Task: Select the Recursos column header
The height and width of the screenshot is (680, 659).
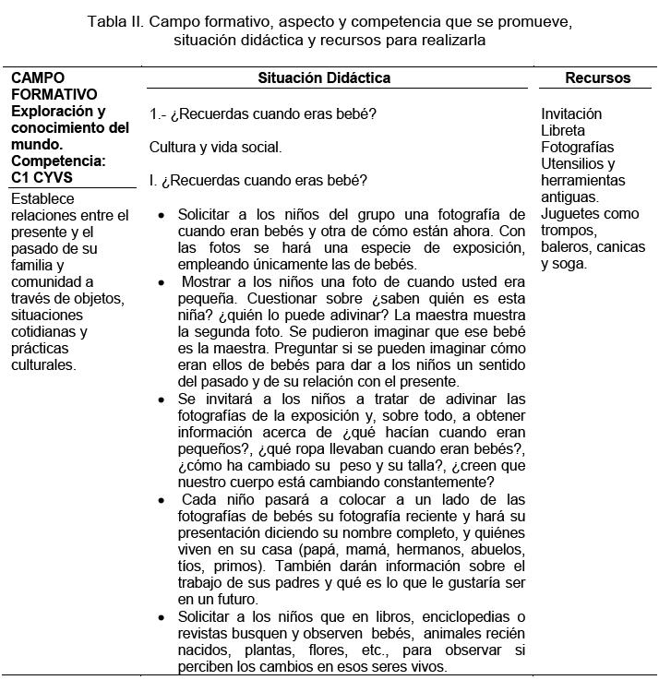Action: click(x=597, y=78)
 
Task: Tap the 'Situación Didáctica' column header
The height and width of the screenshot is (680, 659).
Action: click(x=324, y=78)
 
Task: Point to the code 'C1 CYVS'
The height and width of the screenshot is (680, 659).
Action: click(x=42, y=178)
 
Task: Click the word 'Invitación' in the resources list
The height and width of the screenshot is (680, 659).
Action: click(x=571, y=113)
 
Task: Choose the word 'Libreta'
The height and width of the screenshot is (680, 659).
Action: click(x=563, y=130)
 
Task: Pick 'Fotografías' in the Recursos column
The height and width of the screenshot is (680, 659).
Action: click(x=577, y=147)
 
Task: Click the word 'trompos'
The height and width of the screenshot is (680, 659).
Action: click(x=569, y=231)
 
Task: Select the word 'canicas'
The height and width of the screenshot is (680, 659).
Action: click(x=620, y=247)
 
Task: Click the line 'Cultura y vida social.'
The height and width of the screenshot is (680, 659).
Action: click(x=215, y=147)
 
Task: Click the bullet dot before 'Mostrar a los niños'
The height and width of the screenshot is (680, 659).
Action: click(x=162, y=280)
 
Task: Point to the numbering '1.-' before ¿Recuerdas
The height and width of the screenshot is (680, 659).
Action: click(x=158, y=113)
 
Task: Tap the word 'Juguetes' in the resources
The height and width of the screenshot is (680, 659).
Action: click(x=571, y=214)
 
